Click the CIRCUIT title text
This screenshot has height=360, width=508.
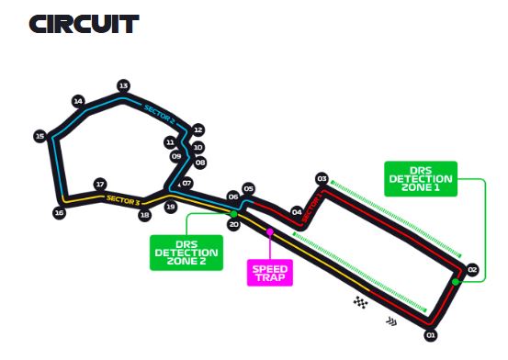coord(84,24)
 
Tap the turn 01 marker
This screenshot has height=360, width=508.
coord(431,335)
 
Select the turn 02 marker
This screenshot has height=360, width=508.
coord(472,270)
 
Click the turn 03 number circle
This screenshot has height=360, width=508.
coord(322,178)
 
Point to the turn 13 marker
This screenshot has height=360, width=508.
coord(123,85)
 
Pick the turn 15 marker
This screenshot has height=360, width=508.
coord(40,136)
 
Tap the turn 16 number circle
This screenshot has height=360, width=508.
coord(59,213)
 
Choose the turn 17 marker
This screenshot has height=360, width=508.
coord(100,184)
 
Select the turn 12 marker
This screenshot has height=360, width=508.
coord(198,130)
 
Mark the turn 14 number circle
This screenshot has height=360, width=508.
coord(78,101)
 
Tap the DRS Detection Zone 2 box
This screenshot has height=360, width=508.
coord(186,251)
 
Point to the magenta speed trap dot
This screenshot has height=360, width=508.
coord(270,232)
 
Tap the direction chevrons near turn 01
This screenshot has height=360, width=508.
coord(392,321)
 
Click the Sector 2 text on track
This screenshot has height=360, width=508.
coord(159,113)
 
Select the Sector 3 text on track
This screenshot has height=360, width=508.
coord(123,199)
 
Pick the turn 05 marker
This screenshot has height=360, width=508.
coord(248,188)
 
